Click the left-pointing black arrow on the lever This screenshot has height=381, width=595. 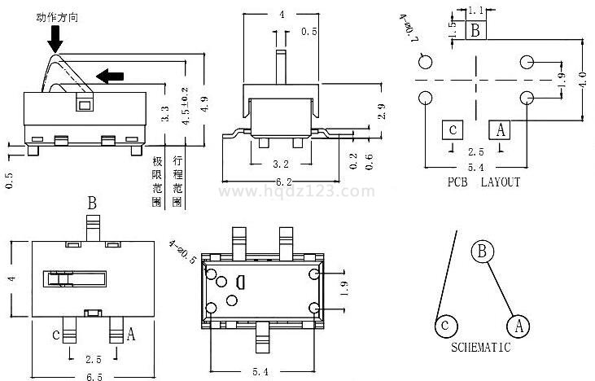tap(111, 77)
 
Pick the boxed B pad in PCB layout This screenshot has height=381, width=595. tap(477, 31)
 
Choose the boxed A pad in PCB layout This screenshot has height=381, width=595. tap(500, 129)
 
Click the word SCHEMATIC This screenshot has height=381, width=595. tap(481, 348)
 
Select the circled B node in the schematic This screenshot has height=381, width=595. tap(482, 252)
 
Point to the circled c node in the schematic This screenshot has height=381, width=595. tap(444, 326)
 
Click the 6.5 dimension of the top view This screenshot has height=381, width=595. tap(94, 376)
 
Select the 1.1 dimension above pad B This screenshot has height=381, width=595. tap(477, 10)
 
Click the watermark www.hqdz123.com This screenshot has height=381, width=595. tap(297, 192)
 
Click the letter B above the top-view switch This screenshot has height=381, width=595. tap(93, 202)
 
